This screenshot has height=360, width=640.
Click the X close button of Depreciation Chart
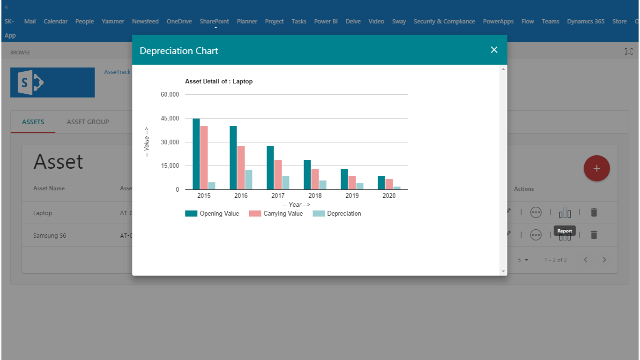494,50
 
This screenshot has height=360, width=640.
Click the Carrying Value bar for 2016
241,168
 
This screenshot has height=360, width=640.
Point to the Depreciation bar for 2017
286,183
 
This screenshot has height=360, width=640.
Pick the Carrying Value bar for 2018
315,180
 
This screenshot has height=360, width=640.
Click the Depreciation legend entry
337,214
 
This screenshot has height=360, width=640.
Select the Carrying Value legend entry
276,214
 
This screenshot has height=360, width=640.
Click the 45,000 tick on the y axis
170,119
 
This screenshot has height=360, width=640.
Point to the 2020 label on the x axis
389,195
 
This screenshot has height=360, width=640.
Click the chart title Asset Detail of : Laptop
219,82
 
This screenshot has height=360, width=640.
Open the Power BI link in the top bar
326,22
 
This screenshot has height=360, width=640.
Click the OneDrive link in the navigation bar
179,22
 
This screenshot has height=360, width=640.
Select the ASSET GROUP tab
88,122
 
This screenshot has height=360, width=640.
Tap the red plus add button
596,168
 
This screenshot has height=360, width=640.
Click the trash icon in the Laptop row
594,212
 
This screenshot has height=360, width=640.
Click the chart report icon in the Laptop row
565,213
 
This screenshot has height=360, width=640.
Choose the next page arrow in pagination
604,260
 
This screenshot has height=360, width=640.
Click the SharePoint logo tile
52,82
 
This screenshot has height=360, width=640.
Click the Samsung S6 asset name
50,236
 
